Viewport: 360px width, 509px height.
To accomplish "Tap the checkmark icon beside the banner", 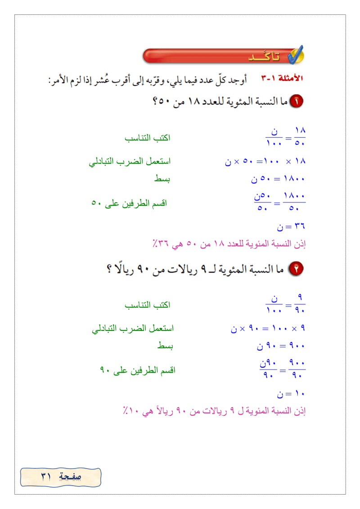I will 296,55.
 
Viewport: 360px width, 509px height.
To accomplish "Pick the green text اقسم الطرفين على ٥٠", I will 129,203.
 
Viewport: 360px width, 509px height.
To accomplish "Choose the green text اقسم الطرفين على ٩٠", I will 137,370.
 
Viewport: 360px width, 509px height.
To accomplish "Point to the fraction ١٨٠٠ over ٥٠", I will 295,202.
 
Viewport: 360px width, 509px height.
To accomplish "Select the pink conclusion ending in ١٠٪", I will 215,411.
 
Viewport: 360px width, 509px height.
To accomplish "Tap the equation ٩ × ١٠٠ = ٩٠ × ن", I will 268,329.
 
